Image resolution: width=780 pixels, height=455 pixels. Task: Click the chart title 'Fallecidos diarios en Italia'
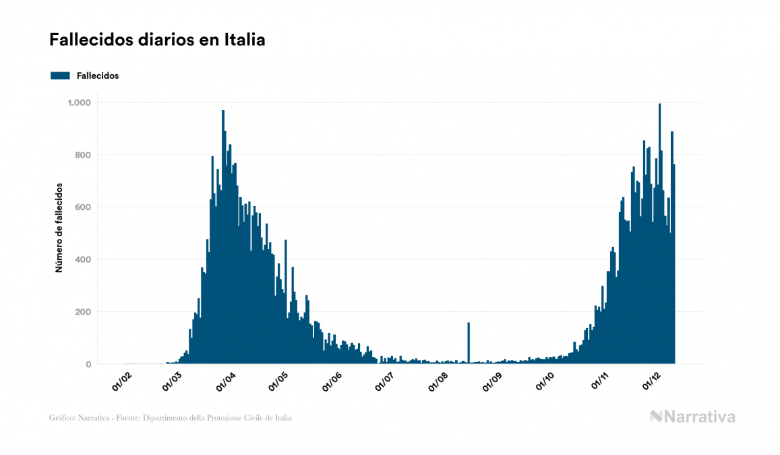click(x=157, y=41)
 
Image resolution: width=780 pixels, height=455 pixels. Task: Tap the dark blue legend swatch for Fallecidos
click(x=60, y=76)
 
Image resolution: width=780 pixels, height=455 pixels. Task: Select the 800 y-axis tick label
click(x=84, y=155)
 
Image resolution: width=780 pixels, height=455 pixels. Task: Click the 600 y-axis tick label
click(x=84, y=207)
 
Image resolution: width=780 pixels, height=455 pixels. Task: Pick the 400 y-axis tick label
click(x=84, y=260)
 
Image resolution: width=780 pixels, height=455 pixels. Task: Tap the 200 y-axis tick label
click(x=84, y=312)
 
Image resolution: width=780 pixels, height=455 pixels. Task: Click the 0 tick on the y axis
click(x=88, y=365)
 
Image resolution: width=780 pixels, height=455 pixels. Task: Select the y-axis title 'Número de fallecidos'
click(x=59, y=227)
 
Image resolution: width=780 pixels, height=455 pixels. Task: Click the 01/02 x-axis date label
click(x=121, y=381)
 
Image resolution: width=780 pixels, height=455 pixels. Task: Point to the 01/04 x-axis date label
click(x=226, y=381)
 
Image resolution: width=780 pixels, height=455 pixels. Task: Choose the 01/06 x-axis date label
click(x=332, y=381)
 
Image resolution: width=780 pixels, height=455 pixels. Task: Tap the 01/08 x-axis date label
click(x=438, y=381)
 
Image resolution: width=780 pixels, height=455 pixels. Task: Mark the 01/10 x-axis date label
click(x=543, y=381)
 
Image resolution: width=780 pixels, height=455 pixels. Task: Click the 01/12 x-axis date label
click(x=651, y=381)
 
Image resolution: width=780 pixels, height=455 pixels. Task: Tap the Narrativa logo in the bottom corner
click(x=692, y=417)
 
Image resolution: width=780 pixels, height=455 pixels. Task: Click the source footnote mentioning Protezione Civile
click(x=171, y=418)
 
